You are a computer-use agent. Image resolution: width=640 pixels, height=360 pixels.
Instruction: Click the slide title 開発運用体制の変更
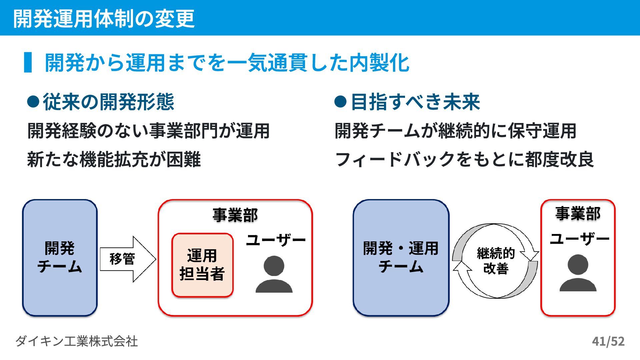click(x=104, y=18)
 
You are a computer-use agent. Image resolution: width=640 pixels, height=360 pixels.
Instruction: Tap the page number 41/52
click(x=608, y=341)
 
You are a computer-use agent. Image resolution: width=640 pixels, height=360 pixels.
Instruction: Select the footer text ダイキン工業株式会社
click(x=76, y=341)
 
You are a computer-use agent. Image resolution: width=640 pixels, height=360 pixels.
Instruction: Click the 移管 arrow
click(x=127, y=259)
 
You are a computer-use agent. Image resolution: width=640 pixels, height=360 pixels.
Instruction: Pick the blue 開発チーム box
click(x=60, y=257)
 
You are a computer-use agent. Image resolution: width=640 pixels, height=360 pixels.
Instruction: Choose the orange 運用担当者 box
click(x=202, y=265)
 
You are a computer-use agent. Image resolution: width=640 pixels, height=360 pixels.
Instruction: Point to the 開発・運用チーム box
click(x=401, y=257)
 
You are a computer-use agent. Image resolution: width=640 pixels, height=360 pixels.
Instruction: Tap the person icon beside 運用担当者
click(x=274, y=274)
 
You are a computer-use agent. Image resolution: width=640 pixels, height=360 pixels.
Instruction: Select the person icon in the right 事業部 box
click(x=578, y=273)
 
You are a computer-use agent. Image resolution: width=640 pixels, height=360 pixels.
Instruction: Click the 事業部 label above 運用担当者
click(x=235, y=215)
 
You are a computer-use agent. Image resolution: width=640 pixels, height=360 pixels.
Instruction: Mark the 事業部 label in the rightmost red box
click(x=578, y=213)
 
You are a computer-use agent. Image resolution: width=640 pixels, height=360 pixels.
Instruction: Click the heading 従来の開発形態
click(x=108, y=102)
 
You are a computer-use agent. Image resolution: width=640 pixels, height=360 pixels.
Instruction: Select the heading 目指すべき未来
click(x=415, y=102)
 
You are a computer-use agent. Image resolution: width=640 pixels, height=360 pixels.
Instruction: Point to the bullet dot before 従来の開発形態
click(x=33, y=102)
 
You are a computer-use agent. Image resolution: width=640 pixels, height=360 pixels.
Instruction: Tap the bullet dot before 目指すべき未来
click(x=340, y=102)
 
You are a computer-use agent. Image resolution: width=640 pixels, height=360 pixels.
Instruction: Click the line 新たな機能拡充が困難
click(x=114, y=159)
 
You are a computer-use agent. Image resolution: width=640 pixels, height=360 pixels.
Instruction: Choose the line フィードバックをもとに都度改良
click(x=464, y=159)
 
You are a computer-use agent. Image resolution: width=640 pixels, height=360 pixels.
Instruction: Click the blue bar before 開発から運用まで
click(x=28, y=62)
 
